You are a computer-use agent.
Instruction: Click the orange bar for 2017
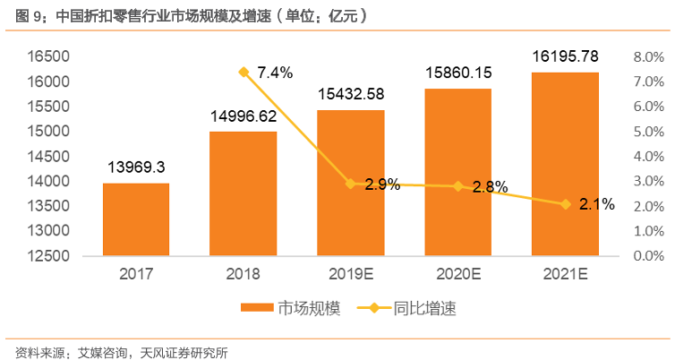point(136,219)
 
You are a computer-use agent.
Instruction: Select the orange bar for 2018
point(243,193)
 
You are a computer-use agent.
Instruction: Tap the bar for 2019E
point(350,183)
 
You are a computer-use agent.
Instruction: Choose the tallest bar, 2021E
point(565,163)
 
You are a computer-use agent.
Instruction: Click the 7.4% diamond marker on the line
point(243,72)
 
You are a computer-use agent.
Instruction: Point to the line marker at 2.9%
point(350,184)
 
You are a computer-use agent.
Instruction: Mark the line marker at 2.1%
point(565,204)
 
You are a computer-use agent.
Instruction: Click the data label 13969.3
point(136,167)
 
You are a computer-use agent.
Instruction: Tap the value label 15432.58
point(350,95)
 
